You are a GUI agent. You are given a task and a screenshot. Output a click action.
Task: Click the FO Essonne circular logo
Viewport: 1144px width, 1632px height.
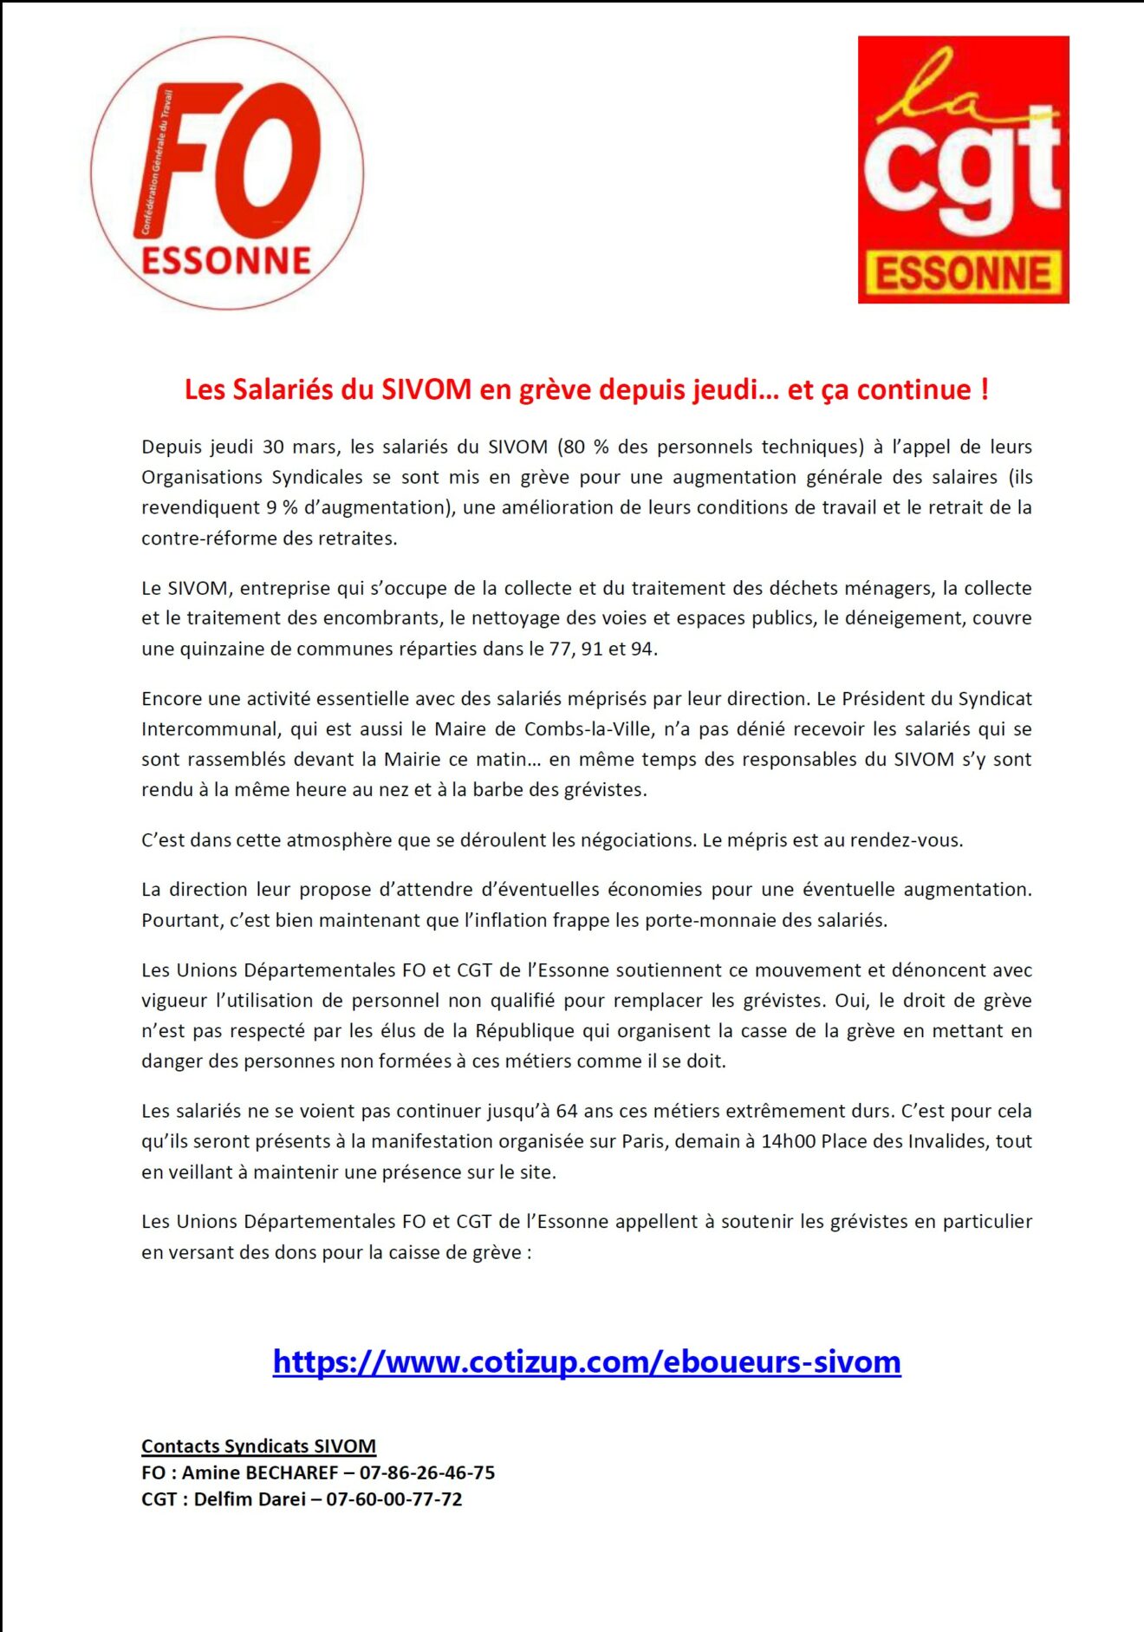pos(227,173)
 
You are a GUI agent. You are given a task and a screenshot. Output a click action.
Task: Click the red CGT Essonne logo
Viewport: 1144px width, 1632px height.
pos(963,169)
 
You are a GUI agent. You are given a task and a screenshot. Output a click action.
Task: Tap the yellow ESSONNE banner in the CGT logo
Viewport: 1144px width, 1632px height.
pos(963,273)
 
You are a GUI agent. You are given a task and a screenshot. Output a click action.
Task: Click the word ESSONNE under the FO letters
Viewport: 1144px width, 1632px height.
pos(226,261)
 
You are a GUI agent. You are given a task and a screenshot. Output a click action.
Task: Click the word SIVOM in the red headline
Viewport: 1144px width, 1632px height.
pos(426,390)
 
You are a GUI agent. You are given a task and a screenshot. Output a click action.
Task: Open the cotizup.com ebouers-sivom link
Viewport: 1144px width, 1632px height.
pos(587,1362)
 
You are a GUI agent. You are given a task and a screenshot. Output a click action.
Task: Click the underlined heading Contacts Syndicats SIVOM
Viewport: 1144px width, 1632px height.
pos(258,1446)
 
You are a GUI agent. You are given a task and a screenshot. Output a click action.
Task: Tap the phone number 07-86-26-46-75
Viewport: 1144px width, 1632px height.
pos(427,1472)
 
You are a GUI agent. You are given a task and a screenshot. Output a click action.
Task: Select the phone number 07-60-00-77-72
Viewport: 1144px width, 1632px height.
pos(394,1499)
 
